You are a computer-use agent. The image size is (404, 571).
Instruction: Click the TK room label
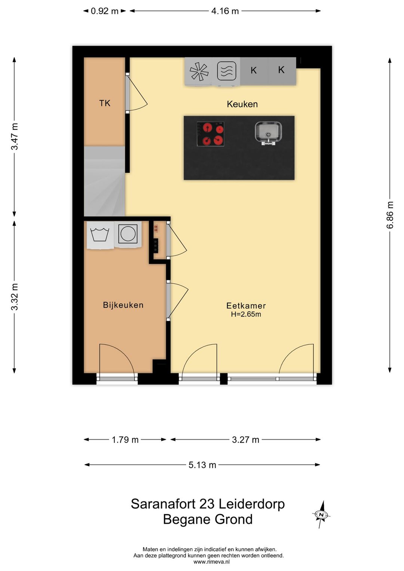tap(104, 103)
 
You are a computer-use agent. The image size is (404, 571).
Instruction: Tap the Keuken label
tap(242, 104)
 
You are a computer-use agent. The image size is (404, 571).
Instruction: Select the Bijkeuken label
tap(123, 305)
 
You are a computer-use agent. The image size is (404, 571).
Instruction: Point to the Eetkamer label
tap(246, 306)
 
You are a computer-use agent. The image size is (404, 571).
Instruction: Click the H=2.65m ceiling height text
tap(246, 314)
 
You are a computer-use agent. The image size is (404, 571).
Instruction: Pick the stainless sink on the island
tap(269, 133)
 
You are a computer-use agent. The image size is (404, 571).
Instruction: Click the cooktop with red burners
tap(211, 134)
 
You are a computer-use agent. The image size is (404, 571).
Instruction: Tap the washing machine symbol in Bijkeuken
tap(100, 235)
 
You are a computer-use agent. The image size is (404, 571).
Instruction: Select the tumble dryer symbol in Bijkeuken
tap(128, 234)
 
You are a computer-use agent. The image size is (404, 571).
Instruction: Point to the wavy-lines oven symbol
tap(227, 71)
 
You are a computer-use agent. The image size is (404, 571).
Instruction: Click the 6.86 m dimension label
tap(390, 215)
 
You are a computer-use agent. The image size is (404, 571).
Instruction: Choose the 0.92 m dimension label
tap(104, 11)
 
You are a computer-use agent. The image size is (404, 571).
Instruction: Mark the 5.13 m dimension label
tap(202, 465)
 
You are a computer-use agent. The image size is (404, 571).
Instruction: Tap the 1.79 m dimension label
tap(125, 440)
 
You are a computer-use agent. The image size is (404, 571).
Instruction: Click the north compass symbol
tap(321, 514)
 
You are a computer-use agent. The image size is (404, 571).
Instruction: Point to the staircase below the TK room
tap(104, 181)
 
